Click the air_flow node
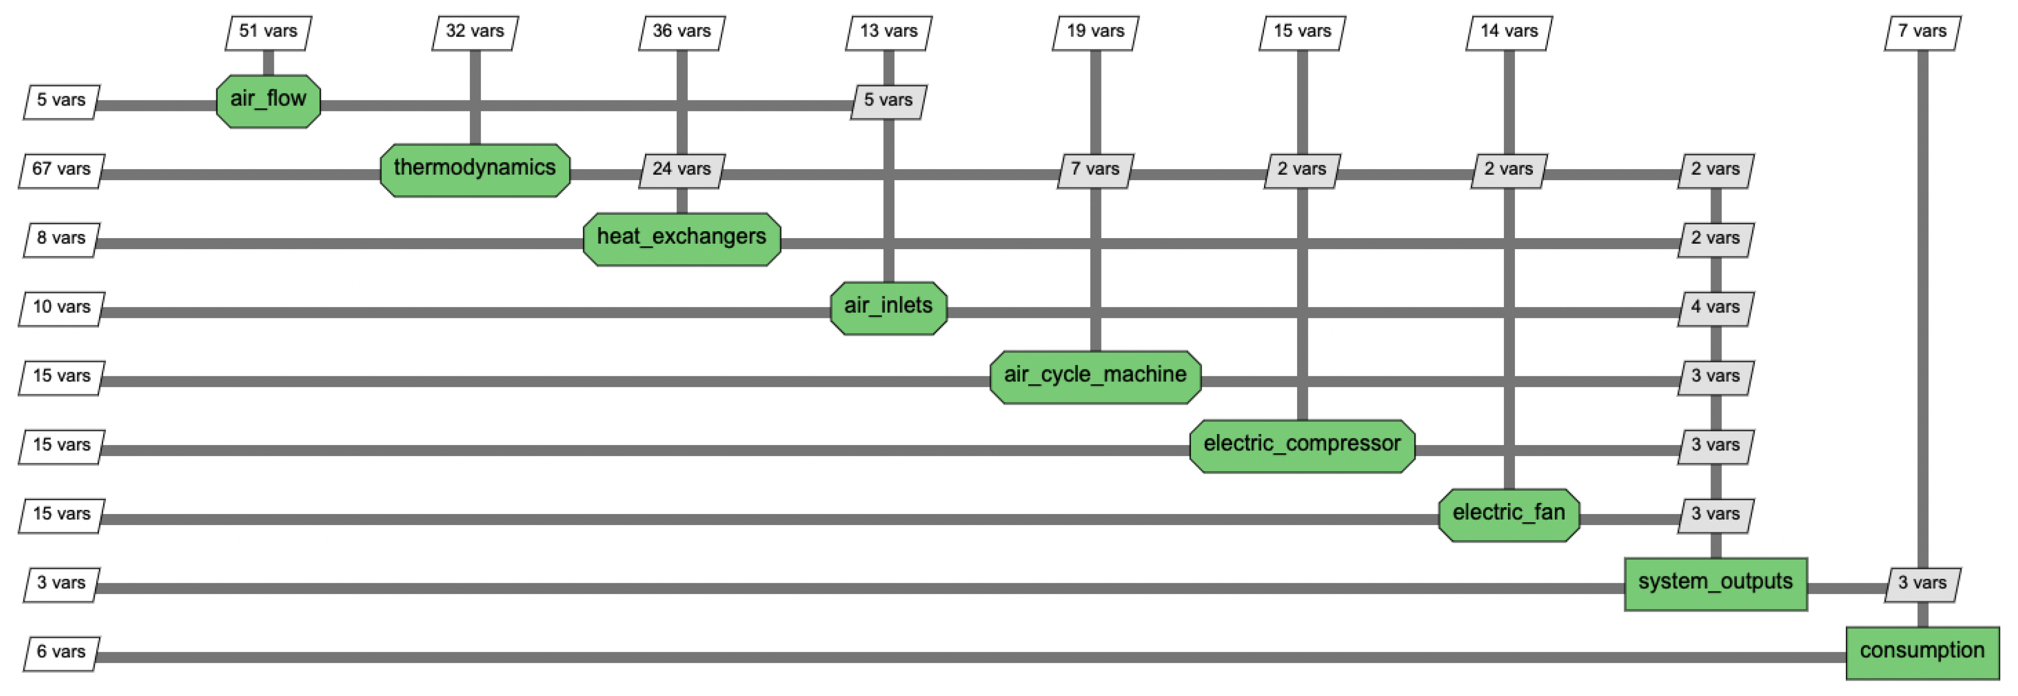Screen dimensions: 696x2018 tap(268, 100)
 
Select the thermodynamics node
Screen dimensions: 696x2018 tap(475, 170)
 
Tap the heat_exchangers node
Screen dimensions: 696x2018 tap(682, 238)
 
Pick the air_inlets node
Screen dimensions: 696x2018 tap(888, 307)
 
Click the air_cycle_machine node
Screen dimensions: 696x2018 tap(1095, 376)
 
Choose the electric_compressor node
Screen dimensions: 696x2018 tap(1302, 445)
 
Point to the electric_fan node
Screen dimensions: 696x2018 tap(1509, 514)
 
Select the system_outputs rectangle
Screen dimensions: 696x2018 tap(1716, 583)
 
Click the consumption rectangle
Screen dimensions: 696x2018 tap(1922, 652)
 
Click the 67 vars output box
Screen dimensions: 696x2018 tap(61, 170)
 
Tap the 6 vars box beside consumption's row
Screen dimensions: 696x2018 tap(61, 653)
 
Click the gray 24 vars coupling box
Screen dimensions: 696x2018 tap(682, 170)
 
